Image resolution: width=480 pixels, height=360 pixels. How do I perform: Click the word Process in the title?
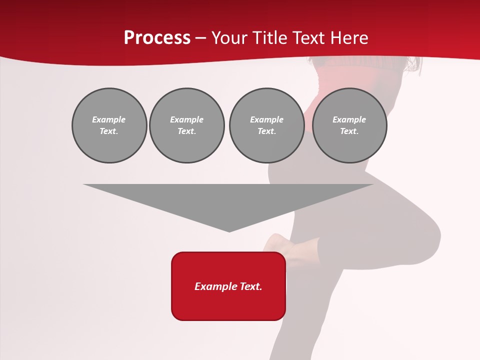(157, 38)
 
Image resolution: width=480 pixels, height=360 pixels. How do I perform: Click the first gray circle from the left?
(109, 125)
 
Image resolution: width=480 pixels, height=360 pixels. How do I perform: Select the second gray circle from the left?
(187, 125)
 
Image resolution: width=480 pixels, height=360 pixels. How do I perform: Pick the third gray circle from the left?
(266, 125)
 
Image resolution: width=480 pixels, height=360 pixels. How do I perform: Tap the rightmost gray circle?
(349, 125)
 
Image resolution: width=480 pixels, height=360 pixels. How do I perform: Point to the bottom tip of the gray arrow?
(229, 231)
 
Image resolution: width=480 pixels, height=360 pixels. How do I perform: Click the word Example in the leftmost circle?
(109, 119)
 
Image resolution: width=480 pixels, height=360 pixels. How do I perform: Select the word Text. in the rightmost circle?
(349, 131)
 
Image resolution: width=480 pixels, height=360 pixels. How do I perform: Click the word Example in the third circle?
(266, 119)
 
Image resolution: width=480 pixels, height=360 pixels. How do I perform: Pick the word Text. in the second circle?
(187, 131)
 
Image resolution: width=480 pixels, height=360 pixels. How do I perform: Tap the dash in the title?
(200, 38)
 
